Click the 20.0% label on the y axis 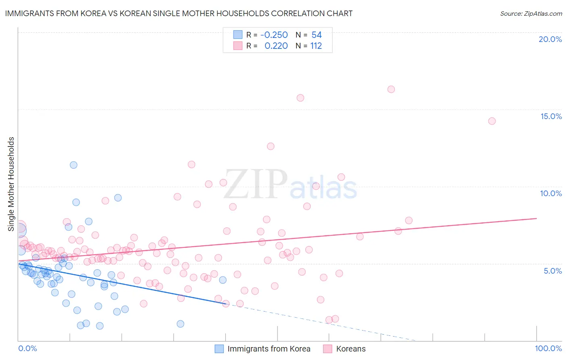point(550,39)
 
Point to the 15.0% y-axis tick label point(551,116)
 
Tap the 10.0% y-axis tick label point(551,193)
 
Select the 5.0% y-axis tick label point(552,271)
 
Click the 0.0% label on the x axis point(27,348)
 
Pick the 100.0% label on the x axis point(548,348)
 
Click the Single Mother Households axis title point(11,184)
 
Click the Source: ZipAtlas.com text point(531,14)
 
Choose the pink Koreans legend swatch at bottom point(327,349)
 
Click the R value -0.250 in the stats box point(274,35)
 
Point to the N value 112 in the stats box point(316,46)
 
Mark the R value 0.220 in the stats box point(276,46)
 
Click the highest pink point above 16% point(391,89)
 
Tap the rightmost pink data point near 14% point(492,121)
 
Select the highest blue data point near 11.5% point(73,165)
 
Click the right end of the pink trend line point(536,218)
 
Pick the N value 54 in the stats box point(317,35)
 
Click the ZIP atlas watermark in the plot point(290,184)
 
